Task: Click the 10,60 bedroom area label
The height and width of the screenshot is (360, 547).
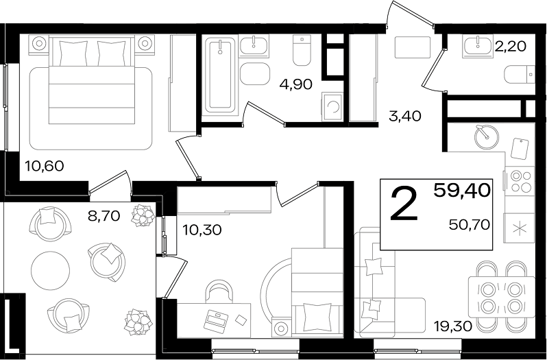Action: point(45,167)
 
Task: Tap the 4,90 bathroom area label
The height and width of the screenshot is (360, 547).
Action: point(296,84)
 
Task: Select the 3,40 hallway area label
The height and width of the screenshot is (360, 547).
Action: point(405,116)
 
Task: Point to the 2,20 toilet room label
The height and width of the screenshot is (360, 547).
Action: point(510,46)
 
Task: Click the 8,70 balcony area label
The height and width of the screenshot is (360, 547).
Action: point(104,216)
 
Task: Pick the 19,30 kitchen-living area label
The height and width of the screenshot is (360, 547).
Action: point(453,326)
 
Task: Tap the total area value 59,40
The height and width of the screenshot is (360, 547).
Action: point(462,191)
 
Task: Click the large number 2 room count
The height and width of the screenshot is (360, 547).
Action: point(404,204)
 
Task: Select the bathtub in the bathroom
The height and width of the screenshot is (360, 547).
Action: point(220,75)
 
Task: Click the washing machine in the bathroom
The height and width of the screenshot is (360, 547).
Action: point(332,107)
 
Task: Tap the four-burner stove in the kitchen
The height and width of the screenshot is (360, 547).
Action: point(518,181)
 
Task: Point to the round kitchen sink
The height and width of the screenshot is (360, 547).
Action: point(487,136)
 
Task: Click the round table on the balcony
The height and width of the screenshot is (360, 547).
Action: point(50,270)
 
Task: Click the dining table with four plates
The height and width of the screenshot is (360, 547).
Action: point(501,297)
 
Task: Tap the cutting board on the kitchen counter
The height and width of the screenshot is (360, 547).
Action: point(520,149)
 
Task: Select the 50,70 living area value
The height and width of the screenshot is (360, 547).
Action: point(470,225)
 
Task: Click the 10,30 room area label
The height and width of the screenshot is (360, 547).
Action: point(202,230)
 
